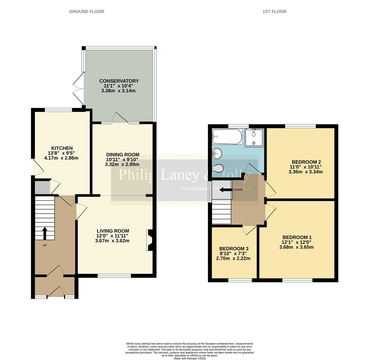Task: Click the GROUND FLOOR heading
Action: [87, 12]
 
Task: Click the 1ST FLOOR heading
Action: [274, 12]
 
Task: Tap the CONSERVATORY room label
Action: [119, 81]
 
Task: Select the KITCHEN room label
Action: [62, 148]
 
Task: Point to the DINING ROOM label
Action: [123, 155]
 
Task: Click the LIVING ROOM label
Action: [113, 231]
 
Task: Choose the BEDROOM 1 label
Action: [296, 238]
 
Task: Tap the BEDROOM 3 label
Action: [234, 249]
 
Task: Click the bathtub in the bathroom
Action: [227, 137]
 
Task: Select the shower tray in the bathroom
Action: [254, 138]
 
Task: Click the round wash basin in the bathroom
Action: [217, 154]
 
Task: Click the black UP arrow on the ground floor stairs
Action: [44, 233]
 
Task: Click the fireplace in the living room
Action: [149, 240]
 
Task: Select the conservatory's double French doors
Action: [78, 89]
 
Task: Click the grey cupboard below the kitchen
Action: [42, 187]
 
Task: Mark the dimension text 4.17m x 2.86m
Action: [61, 158]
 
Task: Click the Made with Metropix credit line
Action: [190, 359]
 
